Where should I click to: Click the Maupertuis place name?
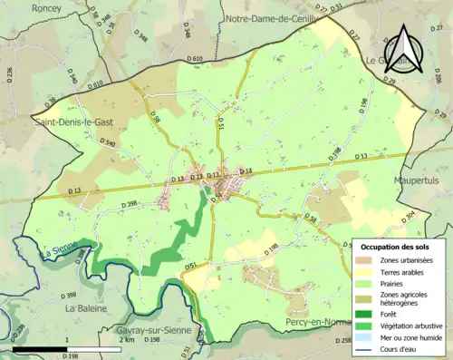click(419, 180)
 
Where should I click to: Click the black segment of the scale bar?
click(42, 348)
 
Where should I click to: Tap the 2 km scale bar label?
click(127, 340)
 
